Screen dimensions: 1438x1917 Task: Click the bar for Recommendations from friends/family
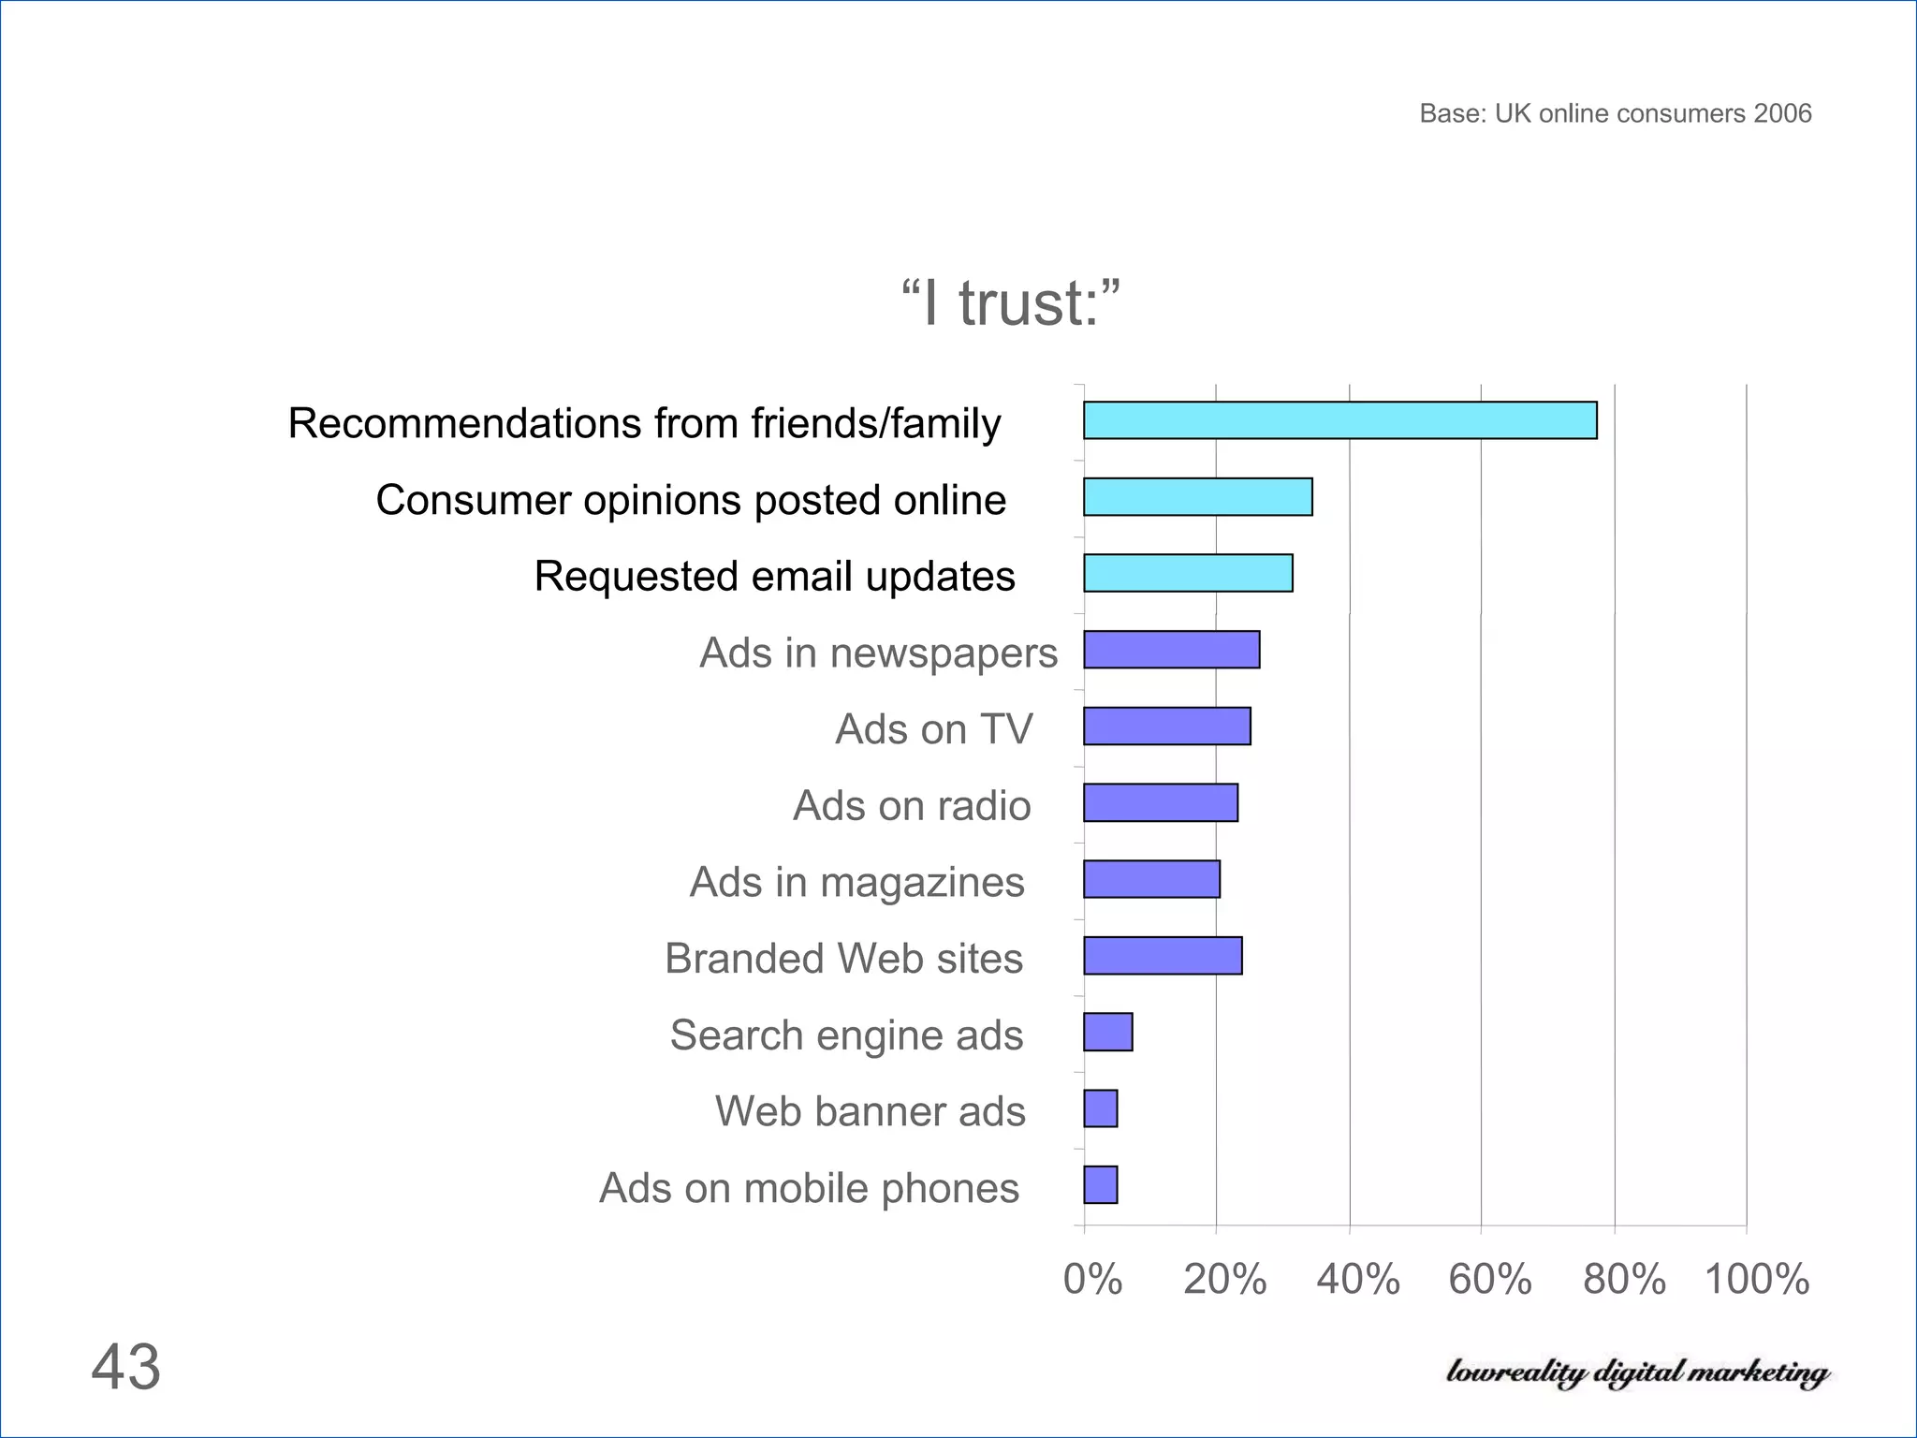tap(1339, 420)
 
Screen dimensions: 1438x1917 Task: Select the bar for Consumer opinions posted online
tap(1197, 497)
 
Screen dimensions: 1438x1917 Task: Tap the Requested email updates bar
tap(1188, 573)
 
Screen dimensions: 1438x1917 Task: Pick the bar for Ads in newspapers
tap(1171, 650)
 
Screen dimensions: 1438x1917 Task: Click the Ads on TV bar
tap(1166, 726)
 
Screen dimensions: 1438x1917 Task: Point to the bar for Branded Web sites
tap(1163, 956)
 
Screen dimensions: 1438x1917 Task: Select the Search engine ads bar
tap(1107, 1033)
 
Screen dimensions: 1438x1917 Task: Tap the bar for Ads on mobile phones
tap(1100, 1185)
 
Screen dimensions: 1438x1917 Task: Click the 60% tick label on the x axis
tap(1490, 1279)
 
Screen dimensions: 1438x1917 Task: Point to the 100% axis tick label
tap(1757, 1279)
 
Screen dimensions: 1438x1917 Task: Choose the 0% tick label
tap(1092, 1279)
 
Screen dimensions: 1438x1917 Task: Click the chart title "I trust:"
tap(1010, 303)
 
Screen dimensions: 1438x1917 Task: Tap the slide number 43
tap(125, 1367)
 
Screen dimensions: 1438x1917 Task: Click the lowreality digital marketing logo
tap(1637, 1372)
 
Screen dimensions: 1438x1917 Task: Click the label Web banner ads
tap(870, 1111)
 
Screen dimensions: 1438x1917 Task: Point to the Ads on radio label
tap(911, 805)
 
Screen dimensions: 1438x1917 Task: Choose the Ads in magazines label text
tap(856, 882)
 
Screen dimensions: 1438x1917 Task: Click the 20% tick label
tap(1224, 1279)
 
